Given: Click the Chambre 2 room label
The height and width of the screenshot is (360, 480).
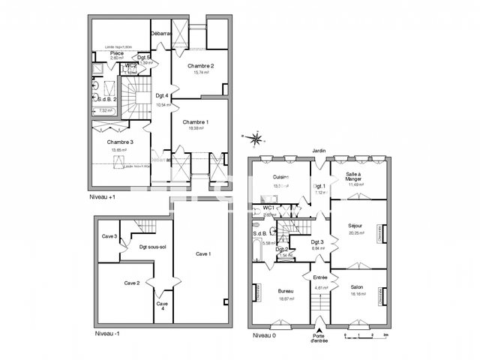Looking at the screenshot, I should coord(201,66).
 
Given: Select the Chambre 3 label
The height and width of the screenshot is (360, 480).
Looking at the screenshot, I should coord(120,142).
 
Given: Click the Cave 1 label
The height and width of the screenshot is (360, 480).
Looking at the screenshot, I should coord(203,254).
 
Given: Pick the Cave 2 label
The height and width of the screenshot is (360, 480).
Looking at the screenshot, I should coord(131,283).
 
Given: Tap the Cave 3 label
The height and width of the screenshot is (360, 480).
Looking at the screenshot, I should coord(109,237).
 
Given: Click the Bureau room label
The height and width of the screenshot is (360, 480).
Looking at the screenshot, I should coord(285,291).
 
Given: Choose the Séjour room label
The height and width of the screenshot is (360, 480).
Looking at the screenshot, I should coord(356,226).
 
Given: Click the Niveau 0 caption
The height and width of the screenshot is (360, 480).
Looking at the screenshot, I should coord(265,334).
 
